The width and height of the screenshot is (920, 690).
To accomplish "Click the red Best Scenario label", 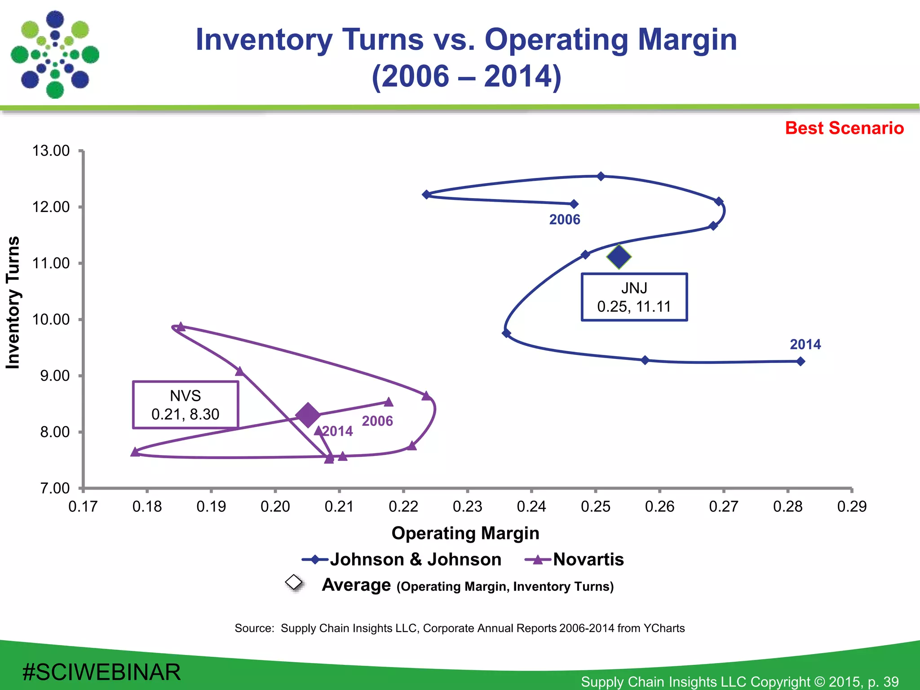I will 844,128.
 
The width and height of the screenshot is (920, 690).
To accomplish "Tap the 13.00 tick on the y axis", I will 51,151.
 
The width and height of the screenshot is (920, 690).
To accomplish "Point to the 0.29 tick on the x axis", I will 851,507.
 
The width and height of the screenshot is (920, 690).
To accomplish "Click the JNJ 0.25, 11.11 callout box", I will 634,297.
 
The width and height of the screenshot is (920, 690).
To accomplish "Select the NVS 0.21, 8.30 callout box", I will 185,405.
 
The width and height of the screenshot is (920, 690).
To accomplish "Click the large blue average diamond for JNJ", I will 619,257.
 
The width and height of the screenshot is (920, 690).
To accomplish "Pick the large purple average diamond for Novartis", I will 308,415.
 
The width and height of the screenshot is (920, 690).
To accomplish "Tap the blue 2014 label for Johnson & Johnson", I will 805,345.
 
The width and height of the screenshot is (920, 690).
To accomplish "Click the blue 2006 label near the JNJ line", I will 565,220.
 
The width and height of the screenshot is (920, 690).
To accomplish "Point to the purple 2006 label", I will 377,421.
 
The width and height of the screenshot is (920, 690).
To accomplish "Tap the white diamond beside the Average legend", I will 294,582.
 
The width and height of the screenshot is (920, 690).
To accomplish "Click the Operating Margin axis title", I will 465,533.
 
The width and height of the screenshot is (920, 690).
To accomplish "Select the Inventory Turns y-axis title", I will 13,302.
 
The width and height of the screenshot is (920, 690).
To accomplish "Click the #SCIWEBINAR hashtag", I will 102,672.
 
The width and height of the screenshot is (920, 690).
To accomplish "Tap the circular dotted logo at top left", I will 55,55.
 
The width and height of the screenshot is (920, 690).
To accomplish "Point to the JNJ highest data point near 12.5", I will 601,176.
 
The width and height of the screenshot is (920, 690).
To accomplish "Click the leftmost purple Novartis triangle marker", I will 135,452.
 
